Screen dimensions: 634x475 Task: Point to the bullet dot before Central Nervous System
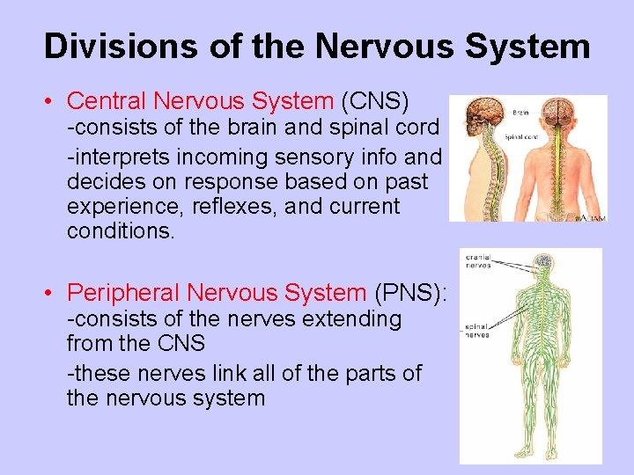click(x=53, y=101)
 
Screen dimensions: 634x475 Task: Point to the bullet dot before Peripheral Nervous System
click(x=53, y=293)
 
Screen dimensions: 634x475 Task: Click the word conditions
click(x=121, y=233)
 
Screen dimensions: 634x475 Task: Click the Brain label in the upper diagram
click(x=520, y=113)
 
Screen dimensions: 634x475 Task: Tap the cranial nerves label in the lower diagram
click(x=479, y=260)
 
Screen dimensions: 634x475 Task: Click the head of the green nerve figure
click(x=543, y=263)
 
